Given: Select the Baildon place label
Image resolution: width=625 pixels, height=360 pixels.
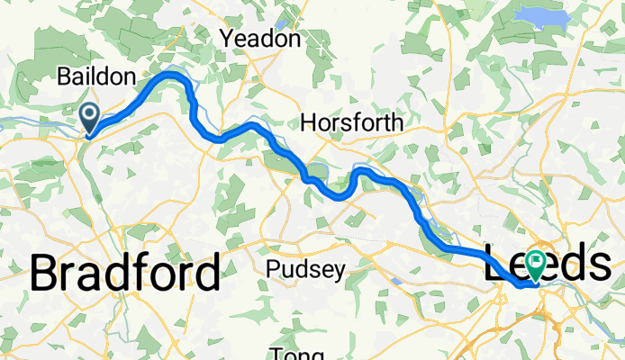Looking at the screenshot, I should click(x=96, y=76).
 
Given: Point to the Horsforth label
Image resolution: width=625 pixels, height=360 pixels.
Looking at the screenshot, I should click(x=352, y=122).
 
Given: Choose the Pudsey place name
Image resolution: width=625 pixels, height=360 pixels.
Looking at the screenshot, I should click(x=305, y=271).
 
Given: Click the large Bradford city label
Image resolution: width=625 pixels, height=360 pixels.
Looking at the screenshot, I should click(x=125, y=273).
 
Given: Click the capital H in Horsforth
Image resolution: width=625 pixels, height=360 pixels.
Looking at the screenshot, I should click(x=309, y=122).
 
